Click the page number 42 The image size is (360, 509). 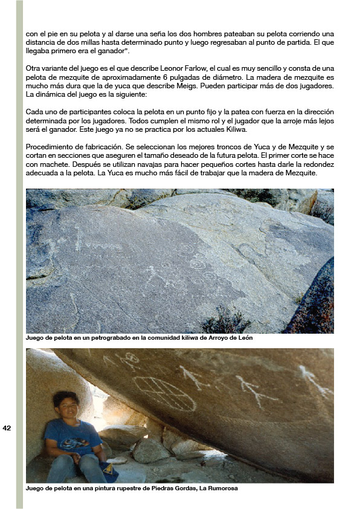tap(7, 428)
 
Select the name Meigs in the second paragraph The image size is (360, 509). tap(217, 87)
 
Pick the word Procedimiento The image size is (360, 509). tap(48, 148)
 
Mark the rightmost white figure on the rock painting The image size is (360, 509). tap(315, 380)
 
